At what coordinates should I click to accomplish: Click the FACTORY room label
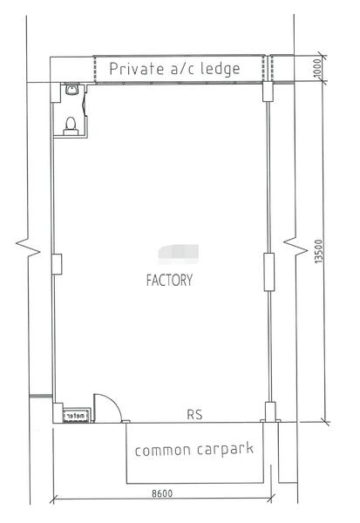coord(169,281)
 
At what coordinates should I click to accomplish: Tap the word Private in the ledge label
coord(135,69)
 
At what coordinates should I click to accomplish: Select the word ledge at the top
coord(219,69)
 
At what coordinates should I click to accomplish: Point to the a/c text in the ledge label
coord(180,69)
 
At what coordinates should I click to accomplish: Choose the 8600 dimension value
coord(161,493)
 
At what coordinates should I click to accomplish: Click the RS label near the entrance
coord(194,414)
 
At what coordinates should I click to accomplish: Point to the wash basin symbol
coord(71,91)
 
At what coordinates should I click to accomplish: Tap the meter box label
coord(76,417)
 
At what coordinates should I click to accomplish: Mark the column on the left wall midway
coord(57,263)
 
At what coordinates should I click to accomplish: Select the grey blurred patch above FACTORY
coord(178,254)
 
